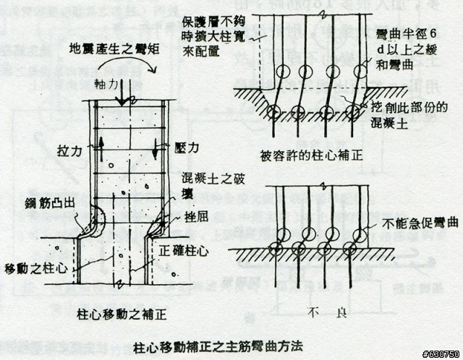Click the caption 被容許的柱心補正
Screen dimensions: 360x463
305,153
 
